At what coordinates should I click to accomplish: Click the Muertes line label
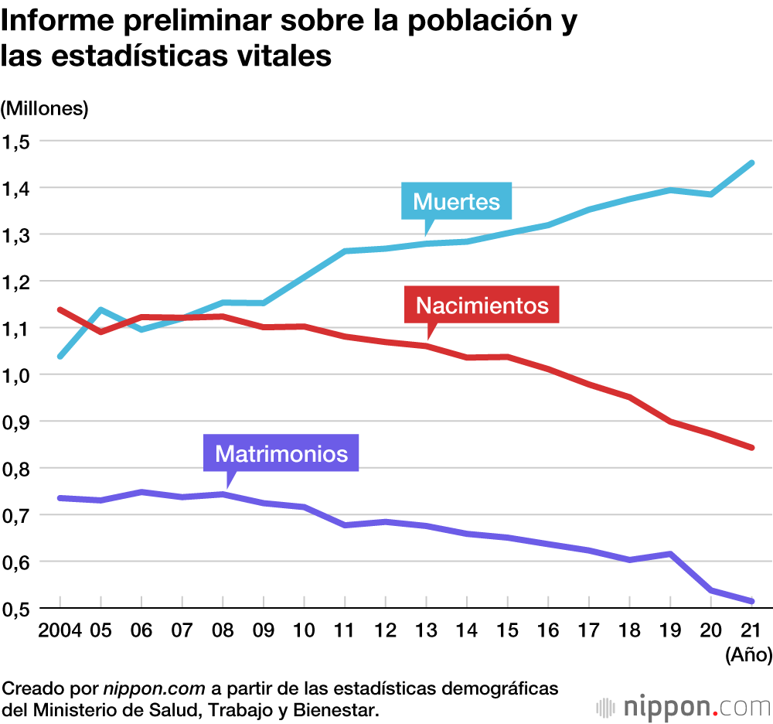[457, 202]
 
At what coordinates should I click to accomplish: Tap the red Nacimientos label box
[482, 305]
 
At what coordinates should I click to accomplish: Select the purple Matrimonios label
[281, 452]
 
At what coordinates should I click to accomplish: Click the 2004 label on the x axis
[60, 630]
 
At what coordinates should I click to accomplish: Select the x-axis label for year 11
[345, 630]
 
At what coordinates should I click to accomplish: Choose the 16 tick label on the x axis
[548, 630]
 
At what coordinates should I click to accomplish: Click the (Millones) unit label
[45, 108]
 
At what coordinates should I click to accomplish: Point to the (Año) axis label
[748, 655]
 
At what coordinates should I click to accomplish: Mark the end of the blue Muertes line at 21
[752, 163]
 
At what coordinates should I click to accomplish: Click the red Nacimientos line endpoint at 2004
[60, 309]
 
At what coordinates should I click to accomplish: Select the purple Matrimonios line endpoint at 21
[752, 601]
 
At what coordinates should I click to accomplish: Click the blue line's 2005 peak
[100, 310]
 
